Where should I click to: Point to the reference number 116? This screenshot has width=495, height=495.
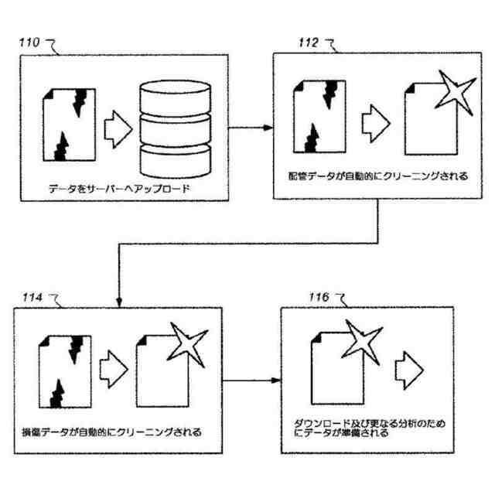point(318,298)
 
